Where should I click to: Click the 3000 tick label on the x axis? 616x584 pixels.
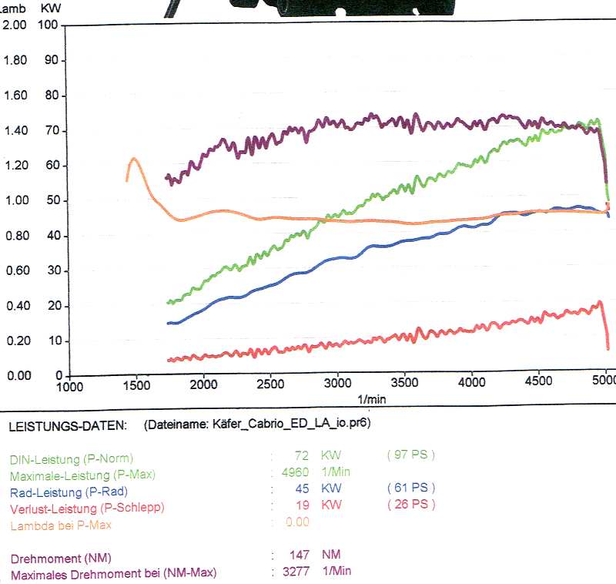tap(337, 383)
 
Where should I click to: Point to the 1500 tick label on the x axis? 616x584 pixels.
tap(137, 385)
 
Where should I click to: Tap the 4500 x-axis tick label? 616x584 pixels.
tap(538, 381)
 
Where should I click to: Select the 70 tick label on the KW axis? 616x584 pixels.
tap(52, 130)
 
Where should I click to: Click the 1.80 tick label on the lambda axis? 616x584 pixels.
tap(15, 60)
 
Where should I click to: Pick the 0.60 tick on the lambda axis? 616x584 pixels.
tap(18, 270)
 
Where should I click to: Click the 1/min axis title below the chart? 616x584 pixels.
tap(372, 399)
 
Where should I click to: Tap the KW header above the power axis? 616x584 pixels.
tap(51, 8)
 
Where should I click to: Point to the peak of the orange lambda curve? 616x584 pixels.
tap(134, 159)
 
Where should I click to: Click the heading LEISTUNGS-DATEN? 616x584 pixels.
tap(68, 426)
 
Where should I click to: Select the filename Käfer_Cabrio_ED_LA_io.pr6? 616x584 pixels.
tap(290, 423)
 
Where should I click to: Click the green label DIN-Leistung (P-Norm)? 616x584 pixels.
tap(72, 459)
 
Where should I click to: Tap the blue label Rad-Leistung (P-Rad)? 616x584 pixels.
tap(69, 492)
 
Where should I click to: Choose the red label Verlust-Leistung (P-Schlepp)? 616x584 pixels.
tap(87, 508)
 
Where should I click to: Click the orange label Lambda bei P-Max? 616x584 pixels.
tap(61, 525)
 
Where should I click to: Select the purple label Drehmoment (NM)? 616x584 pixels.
tap(61, 559)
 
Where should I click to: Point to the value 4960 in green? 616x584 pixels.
tap(295, 472)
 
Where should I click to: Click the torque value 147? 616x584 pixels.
tap(300, 555)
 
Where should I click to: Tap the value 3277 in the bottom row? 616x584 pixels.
tap(296, 571)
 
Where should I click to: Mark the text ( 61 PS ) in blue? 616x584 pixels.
tap(411, 488)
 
